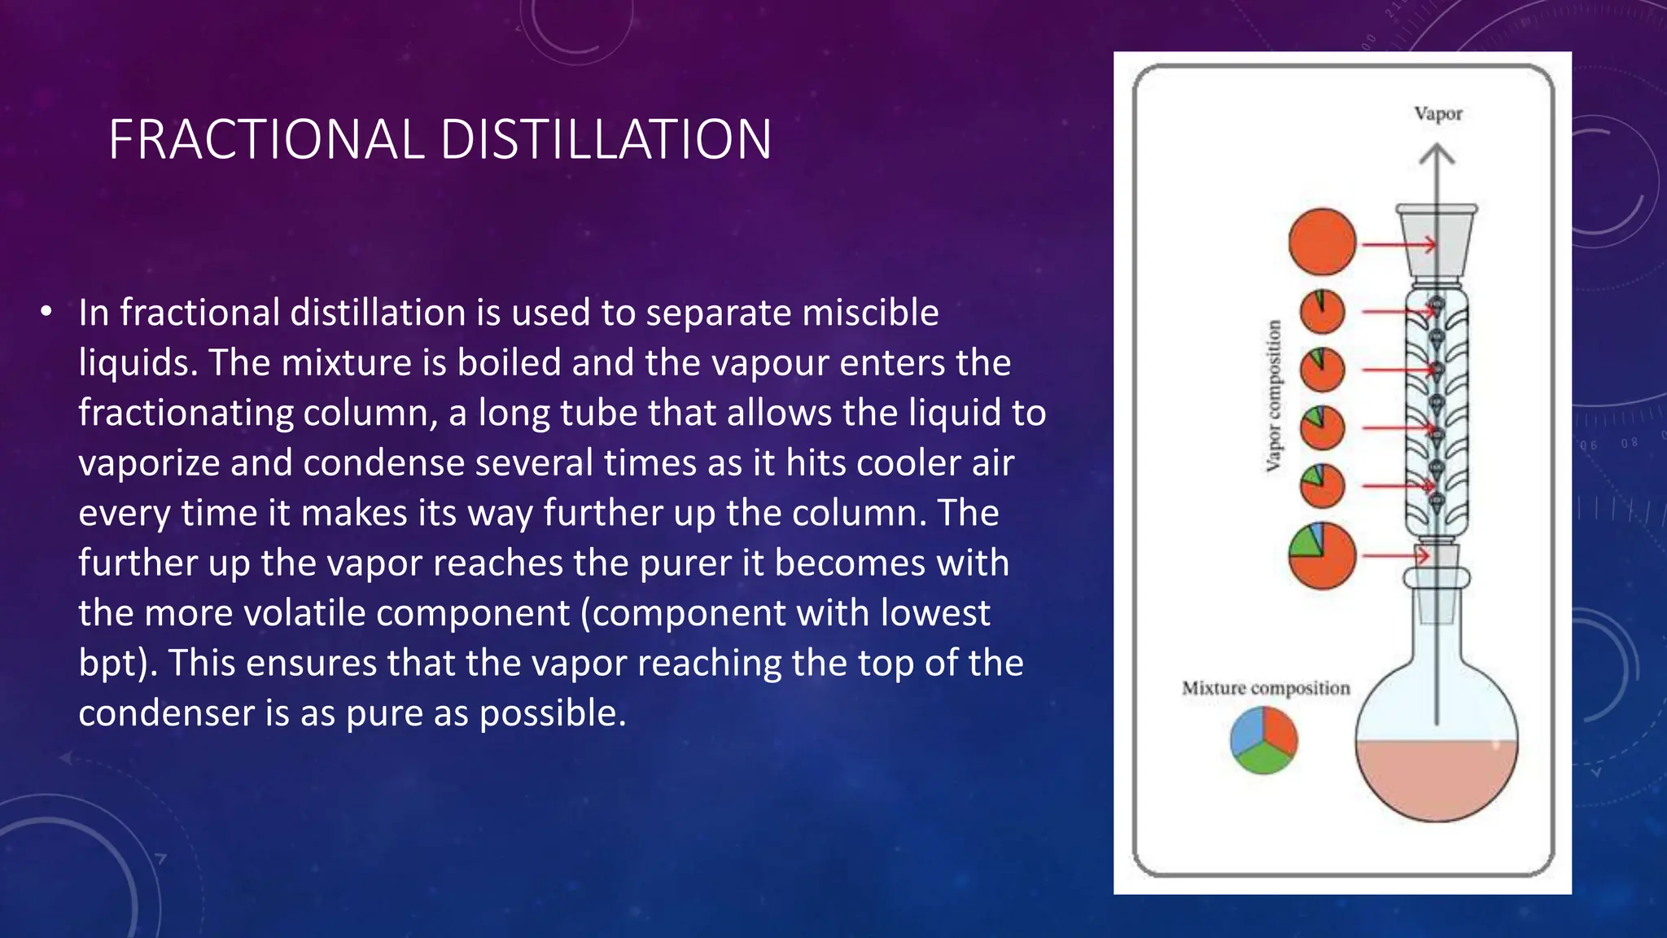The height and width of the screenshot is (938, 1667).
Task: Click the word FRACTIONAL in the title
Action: point(266,139)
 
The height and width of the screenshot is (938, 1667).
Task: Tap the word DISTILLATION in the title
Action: point(606,139)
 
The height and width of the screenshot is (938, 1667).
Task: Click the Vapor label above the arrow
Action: point(1437,114)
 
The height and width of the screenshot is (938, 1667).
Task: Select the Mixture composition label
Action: point(1266,688)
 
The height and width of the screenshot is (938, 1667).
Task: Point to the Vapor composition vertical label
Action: point(1274,396)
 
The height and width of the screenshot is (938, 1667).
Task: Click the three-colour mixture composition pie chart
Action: point(1263,739)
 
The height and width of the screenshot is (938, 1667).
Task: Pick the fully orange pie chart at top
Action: point(1322,242)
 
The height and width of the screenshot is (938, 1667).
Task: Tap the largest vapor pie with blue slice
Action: point(1322,555)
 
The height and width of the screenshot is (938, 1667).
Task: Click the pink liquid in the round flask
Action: point(1436,778)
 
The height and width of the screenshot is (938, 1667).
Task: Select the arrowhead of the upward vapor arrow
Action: point(1437,154)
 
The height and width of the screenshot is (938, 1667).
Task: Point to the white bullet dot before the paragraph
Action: point(46,311)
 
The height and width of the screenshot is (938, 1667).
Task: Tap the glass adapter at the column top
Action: point(1437,241)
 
